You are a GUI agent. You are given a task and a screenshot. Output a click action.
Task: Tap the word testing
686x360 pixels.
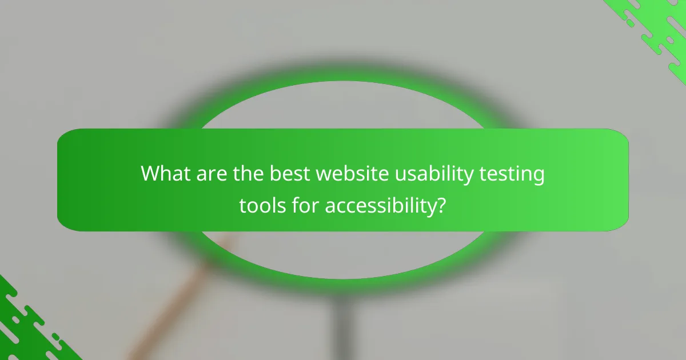click(x=512, y=174)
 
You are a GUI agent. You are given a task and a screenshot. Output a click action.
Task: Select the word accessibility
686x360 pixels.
click(x=378, y=206)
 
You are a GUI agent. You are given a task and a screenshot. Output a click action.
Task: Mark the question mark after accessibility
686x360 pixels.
click(x=440, y=205)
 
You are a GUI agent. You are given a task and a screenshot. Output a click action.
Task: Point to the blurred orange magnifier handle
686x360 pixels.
click(x=171, y=309)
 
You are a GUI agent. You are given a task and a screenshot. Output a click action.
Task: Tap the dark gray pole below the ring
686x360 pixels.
click(x=343, y=326)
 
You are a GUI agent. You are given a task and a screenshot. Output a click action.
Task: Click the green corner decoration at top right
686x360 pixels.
click(x=657, y=29)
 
